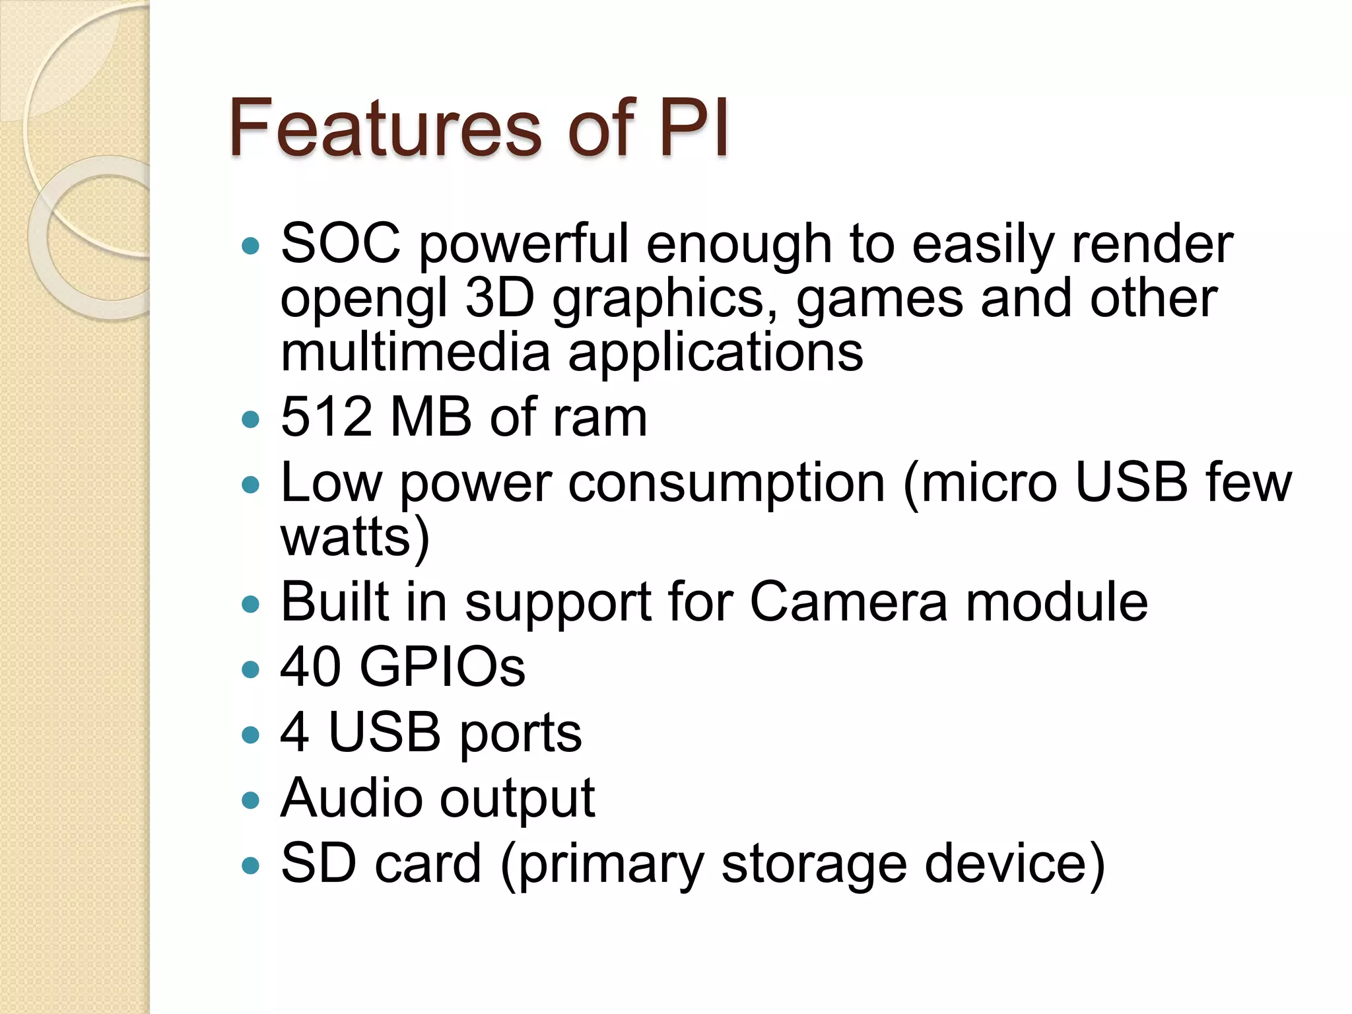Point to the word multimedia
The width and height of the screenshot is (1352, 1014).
pos(416,352)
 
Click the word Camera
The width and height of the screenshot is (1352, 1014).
pos(849,602)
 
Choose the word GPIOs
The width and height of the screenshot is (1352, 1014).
pos(442,667)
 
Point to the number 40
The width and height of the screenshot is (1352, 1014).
pos(311,667)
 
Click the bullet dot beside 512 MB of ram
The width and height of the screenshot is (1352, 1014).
pos(251,419)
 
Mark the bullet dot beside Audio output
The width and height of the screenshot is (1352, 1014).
pos(251,801)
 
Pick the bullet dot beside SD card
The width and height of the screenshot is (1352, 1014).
pos(251,865)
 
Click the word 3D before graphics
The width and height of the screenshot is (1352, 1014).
pos(499,298)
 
